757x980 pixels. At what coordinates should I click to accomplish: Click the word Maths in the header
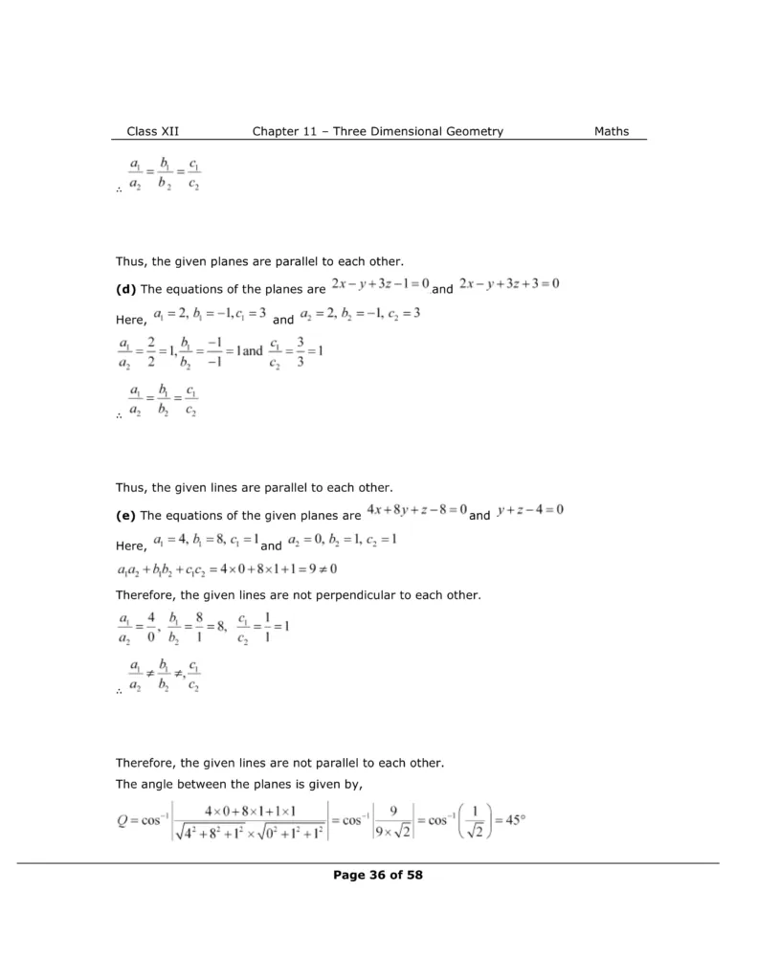click(611, 131)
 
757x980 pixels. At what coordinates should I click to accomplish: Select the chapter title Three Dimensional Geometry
click(418, 131)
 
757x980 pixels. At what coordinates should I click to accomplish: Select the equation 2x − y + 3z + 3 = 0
click(508, 284)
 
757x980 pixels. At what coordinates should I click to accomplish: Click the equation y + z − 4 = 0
click(529, 510)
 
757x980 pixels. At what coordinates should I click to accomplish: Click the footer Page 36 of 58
click(378, 874)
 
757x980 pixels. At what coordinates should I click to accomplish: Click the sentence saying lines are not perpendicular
click(298, 595)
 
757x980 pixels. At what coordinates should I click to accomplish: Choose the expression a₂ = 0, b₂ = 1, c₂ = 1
click(341, 542)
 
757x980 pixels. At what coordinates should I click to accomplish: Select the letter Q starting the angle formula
click(122, 819)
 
